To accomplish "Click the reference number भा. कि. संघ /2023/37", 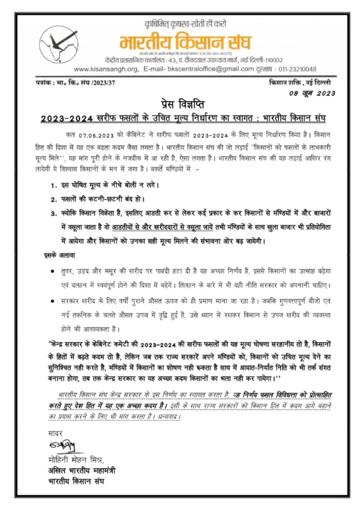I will click(84, 83).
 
